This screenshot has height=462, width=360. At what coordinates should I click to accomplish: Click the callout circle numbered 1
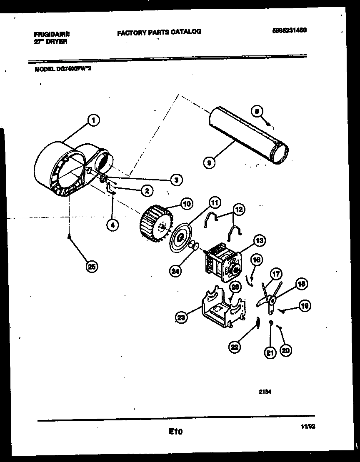tap(93, 120)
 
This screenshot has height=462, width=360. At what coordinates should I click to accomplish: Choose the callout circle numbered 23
tap(181, 318)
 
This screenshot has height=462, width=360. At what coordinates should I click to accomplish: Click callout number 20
tap(285, 350)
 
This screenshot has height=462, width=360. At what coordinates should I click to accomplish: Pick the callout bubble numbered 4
tap(112, 225)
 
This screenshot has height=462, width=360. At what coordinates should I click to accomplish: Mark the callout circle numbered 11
tap(214, 203)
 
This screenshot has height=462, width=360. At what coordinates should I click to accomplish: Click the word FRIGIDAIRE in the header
tap(52, 35)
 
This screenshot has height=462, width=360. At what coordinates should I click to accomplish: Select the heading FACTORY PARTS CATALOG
tap(159, 32)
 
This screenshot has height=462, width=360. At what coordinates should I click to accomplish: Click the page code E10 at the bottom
tap(176, 432)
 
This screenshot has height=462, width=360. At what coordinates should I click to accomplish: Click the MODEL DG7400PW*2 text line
tap(62, 70)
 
